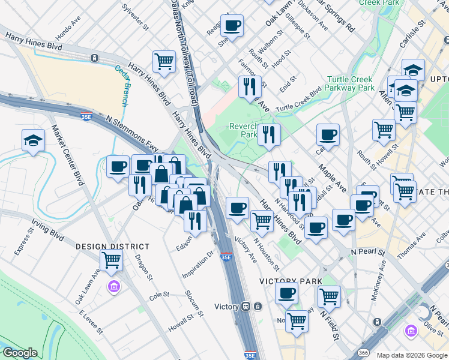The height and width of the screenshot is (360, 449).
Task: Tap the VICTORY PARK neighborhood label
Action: coord(291,281)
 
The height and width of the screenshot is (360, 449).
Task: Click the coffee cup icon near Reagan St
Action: coord(232,26)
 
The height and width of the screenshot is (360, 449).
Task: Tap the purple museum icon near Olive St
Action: coord(411,331)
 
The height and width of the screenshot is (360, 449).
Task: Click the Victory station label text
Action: coord(227,307)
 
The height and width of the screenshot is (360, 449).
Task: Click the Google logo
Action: coord(20,353)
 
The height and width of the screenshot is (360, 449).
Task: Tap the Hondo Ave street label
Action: coord(68,31)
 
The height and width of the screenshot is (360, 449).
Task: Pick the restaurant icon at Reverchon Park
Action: coord(270,134)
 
